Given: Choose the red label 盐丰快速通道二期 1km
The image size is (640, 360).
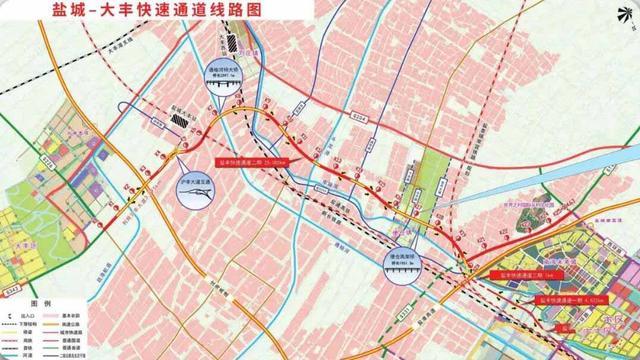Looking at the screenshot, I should (520, 272).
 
